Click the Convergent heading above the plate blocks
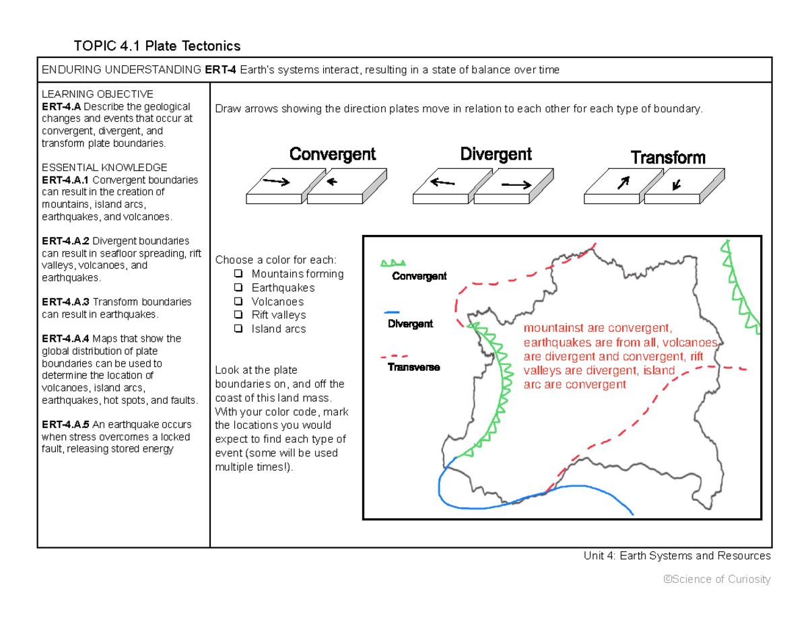click(333, 154)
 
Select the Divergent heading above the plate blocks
click(496, 154)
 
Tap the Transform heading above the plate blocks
click(668, 158)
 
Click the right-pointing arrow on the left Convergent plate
click(276, 180)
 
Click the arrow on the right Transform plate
click(676, 182)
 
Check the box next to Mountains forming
click(238, 274)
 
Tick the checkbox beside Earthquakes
click(238, 288)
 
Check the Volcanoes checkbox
click(238, 302)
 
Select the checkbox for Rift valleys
click(238, 315)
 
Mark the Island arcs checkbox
click(238, 329)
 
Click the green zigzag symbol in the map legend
click(395, 263)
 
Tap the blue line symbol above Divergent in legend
click(391, 312)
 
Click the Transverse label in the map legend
click(413, 368)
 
